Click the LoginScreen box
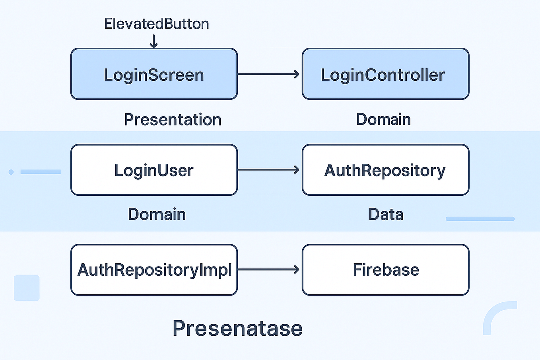pyautogui.click(x=154, y=74)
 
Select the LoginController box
pyautogui.click(x=385, y=74)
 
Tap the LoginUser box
pyautogui.click(x=154, y=170)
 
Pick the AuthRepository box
pyautogui.click(x=385, y=170)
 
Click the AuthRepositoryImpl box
pyautogui.click(x=154, y=270)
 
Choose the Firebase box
pyautogui.click(x=385, y=270)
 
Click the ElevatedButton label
pyautogui.click(x=156, y=24)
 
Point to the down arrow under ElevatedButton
pyautogui.click(x=153, y=41)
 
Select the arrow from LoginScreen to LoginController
pyautogui.click(x=268, y=74)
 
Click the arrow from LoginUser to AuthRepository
pyautogui.click(x=268, y=170)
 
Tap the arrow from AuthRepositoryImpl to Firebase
pyautogui.click(x=268, y=270)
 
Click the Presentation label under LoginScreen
pyautogui.click(x=173, y=120)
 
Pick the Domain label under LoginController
pyautogui.click(x=383, y=119)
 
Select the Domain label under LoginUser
pyautogui.click(x=157, y=214)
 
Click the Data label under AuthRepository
pyautogui.click(x=386, y=214)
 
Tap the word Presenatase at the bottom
pyautogui.click(x=237, y=329)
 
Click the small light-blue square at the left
pyautogui.click(x=27, y=288)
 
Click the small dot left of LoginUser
pyautogui.click(x=11, y=172)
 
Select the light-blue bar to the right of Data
pyautogui.click(x=480, y=219)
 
